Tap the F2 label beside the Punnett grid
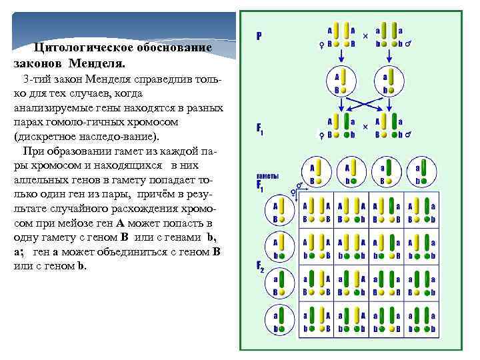261,267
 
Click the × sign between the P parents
365,35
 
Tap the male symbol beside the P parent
408,45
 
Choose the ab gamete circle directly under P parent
387,81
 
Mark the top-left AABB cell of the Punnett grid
315,213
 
